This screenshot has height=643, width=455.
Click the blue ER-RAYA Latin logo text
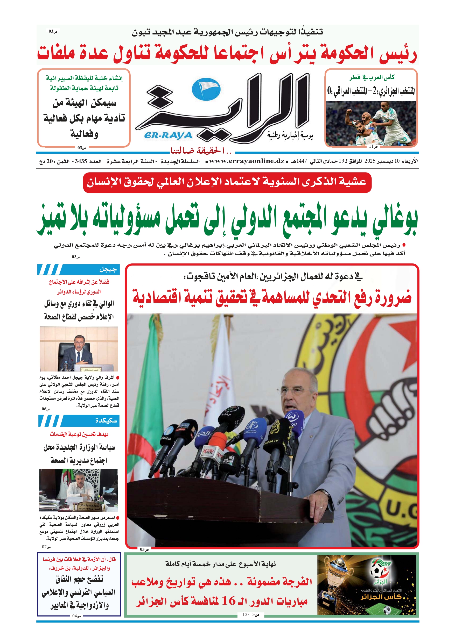click(x=168, y=135)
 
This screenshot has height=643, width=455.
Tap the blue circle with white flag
click(x=206, y=89)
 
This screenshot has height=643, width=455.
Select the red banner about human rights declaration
click(x=227, y=182)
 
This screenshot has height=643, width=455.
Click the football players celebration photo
click(x=371, y=123)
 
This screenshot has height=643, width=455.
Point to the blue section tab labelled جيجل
click(x=79, y=269)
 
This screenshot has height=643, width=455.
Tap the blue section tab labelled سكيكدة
click(x=79, y=421)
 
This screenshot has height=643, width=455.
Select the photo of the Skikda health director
click(x=78, y=490)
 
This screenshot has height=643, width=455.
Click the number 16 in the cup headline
click(x=228, y=601)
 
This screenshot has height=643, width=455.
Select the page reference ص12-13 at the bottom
click(x=251, y=615)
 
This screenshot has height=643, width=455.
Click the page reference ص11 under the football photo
click(x=373, y=146)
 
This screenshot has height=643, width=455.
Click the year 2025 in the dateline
click(x=369, y=161)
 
